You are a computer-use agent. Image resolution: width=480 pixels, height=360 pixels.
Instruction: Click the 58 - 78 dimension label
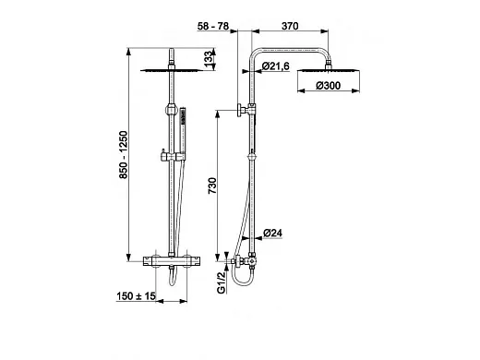[x=213, y=26]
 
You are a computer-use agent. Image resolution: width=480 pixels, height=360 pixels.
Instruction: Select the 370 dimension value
[x=290, y=26]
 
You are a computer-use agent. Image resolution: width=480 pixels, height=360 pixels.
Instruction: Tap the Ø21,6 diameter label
[x=276, y=66]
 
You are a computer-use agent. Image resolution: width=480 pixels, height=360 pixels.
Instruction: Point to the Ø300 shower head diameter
[x=329, y=86]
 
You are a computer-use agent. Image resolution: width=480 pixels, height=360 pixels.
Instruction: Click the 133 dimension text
[x=209, y=57]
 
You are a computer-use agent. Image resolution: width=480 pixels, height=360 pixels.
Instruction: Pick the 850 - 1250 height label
[x=123, y=155]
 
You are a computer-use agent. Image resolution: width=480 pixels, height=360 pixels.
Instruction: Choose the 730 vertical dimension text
[x=212, y=186]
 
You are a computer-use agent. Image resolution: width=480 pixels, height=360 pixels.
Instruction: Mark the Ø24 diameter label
[x=273, y=233]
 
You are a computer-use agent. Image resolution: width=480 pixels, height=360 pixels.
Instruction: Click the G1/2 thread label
[x=222, y=282]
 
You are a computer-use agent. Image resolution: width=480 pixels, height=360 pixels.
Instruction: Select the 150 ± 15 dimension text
[x=137, y=296]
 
